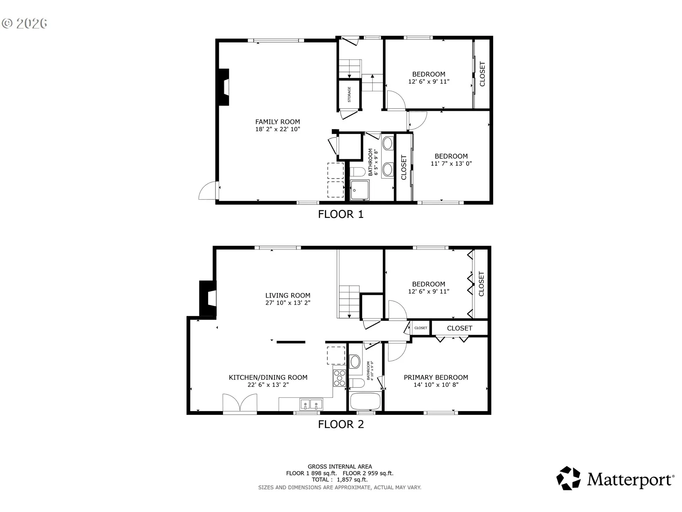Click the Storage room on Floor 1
pyautogui.click(x=349, y=95)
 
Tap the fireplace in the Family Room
pyautogui.click(x=223, y=87)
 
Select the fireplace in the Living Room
pyautogui.click(x=208, y=298)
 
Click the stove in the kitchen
pyautogui.click(x=340, y=378)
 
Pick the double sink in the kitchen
pyautogui.click(x=311, y=404)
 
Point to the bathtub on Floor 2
pyautogui.click(x=366, y=401)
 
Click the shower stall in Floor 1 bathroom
pyautogui.click(x=359, y=190)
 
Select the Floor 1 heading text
pyautogui.click(x=341, y=214)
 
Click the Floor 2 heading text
pyautogui.click(x=341, y=424)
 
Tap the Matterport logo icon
pyautogui.click(x=568, y=478)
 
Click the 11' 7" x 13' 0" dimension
pyautogui.click(x=451, y=164)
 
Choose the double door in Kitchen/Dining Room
pyautogui.click(x=240, y=404)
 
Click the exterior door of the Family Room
pyautogui.click(x=208, y=191)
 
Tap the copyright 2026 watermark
pyautogui.click(x=25, y=23)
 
